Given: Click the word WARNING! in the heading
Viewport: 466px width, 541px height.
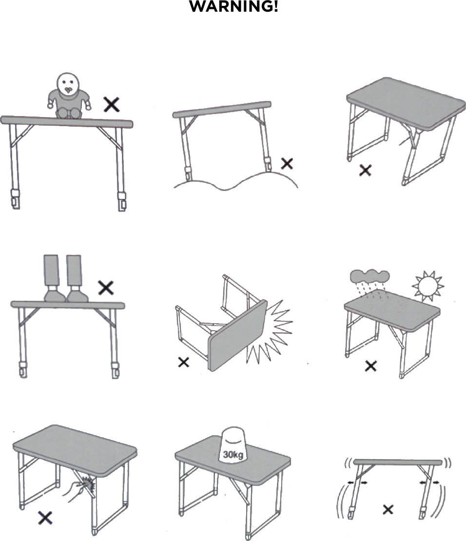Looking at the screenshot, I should point(233,7).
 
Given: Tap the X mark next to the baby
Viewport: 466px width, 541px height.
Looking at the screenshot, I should point(112,104).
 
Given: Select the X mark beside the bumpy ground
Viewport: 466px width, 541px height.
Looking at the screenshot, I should point(287,164).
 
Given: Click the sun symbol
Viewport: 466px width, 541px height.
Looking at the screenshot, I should point(428,285).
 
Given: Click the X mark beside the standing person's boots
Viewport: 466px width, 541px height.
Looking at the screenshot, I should point(106,288).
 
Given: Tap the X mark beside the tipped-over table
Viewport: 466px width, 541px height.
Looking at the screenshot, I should point(184,362).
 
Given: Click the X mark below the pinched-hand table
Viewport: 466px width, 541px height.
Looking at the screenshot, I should point(45,518).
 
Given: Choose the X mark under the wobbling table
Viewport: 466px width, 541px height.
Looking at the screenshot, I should point(388,510).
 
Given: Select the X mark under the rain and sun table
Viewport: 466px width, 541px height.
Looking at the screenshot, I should point(370,366).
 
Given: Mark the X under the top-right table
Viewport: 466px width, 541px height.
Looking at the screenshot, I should point(365,170).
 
